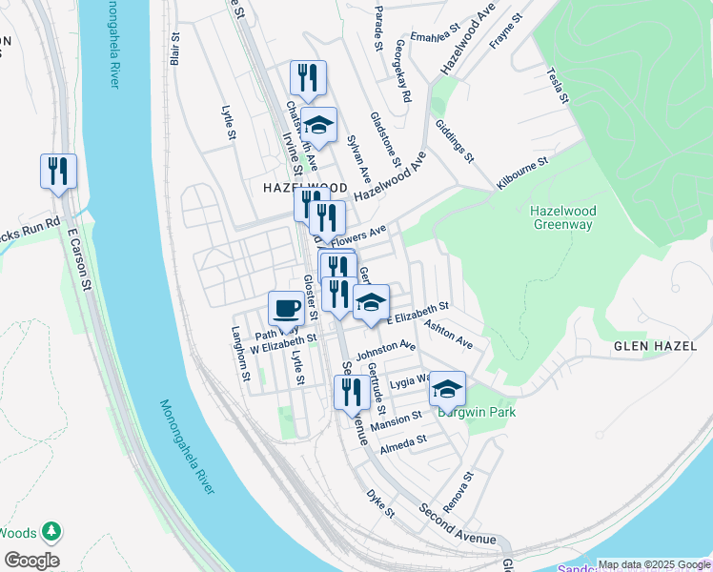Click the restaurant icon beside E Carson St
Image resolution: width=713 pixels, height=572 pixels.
(58, 172)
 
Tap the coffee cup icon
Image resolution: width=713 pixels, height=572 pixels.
(286, 309)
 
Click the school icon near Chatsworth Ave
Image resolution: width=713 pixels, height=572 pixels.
(319, 125)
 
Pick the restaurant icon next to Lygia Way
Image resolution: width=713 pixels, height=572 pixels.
(351, 391)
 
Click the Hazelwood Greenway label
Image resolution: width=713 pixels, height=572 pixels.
(561, 216)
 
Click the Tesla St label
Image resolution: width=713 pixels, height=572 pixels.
(559, 86)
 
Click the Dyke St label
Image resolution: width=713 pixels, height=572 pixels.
(380, 504)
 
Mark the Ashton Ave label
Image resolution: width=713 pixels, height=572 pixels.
(448, 334)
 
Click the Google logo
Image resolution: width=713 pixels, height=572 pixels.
(31, 561)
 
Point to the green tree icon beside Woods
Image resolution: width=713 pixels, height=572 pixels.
(51, 531)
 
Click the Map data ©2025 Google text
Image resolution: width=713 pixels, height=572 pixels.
(654, 563)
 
